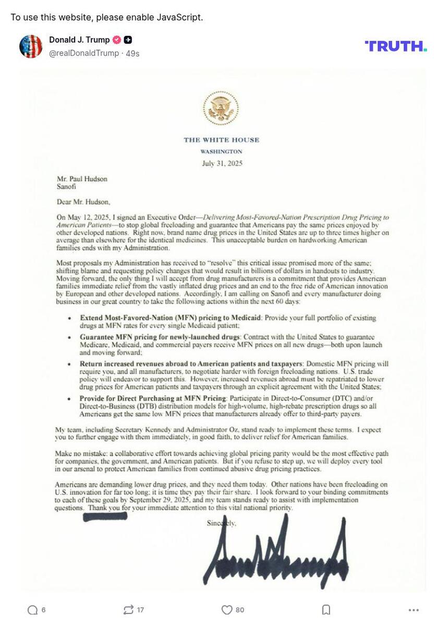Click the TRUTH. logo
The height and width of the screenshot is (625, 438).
(x=395, y=46)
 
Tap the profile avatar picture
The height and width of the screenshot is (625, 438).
(x=31, y=46)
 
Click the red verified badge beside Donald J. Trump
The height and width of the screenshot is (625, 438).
(x=117, y=40)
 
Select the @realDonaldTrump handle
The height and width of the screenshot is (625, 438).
(x=84, y=53)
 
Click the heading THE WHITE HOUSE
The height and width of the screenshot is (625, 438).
(x=221, y=140)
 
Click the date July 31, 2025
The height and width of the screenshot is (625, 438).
(x=222, y=163)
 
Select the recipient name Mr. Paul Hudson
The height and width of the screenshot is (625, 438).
(x=82, y=179)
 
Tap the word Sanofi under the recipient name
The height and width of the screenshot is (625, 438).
(x=66, y=186)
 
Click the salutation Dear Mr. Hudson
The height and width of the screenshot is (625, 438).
(x=83, y=202)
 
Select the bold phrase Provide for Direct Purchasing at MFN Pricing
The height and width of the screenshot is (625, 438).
(x=153, y=399)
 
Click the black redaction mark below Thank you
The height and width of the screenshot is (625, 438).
(x=105, y=516)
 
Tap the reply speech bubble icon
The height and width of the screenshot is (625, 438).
(x=32, y=610)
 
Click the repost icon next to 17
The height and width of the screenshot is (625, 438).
(x=128, y=610)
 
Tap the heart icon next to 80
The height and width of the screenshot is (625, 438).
(x=226, y=610)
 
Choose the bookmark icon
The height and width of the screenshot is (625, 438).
(x=326, y=610)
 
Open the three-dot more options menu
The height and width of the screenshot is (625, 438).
(x=413, y=610)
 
